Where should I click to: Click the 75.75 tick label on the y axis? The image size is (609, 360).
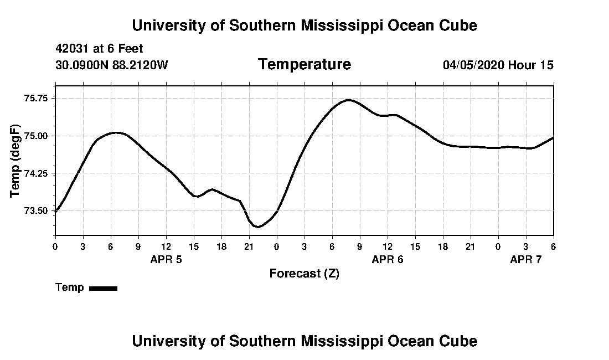pyautogui.click(x=36, y=98)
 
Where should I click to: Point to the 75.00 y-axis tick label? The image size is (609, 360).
pyautogui.click(x=36, y=136)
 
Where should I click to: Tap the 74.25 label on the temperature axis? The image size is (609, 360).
pyautogui.click(x=36, y=173)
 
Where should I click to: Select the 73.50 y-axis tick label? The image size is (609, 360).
pyautogui.click(x=36, y=211)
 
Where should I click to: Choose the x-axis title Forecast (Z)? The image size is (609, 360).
pyautogui.click(x=304, y=274)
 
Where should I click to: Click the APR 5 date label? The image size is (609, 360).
pyautogui.click(x=166, y=259)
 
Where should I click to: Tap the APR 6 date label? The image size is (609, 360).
pyautogui.click(x=388, y=259)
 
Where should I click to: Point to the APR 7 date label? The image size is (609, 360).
pyautogui.click(x=526, y=259)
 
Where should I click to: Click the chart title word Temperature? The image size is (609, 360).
pyautogui.click(x=304, y=65)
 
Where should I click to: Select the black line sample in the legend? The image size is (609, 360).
pyautogui.click(x=103, y=288)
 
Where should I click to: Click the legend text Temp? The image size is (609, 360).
pyautogui.click(x=70, y=287)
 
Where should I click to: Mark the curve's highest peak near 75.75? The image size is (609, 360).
pyautogui.click(x=348, y=100)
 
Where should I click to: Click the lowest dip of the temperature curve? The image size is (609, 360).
pyautogui.click(x=258, y=227)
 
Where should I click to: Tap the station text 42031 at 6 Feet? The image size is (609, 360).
pyautogui.click(x=100, y=49)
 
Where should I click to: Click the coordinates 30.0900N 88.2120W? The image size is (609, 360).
pyautogui.click(x=112, y=65)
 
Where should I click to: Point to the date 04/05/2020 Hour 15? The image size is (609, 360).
pyautogui.click(x=498, y=65)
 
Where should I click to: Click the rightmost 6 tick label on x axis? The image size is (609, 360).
pyautogui.click(x=554, y=246)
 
